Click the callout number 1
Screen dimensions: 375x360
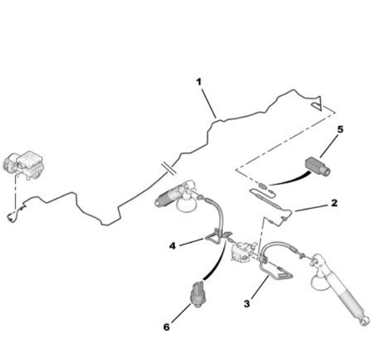point(198,82)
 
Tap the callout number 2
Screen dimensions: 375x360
point(334,203)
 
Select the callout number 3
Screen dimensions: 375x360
point(247,304)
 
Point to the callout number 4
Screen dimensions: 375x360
point(173,246)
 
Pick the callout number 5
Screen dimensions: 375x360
point(340,129)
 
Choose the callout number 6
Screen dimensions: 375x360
point(167,327)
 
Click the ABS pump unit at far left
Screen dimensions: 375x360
point(23,165)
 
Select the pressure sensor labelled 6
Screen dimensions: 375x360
point(197,294)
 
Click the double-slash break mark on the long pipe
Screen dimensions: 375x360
point(169,168)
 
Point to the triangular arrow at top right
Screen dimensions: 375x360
point(317,103)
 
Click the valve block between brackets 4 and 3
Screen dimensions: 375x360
point(242,251)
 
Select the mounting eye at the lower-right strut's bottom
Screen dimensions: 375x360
point(364,322)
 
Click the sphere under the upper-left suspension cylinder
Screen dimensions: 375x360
point(186,204)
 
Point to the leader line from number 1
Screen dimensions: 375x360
point(209,103)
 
